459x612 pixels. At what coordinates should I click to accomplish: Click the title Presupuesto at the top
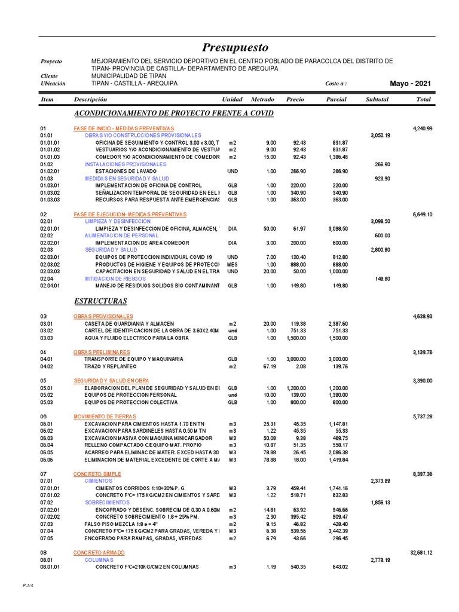235,48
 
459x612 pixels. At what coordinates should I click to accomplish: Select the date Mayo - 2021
409,84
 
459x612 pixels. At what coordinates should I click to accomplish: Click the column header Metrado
262,99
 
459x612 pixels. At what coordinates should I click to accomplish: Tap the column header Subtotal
377,99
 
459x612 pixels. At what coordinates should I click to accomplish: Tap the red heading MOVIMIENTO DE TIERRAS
105,417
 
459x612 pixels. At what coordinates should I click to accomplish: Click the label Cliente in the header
49,76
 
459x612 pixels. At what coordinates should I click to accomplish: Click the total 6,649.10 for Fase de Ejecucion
421,215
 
